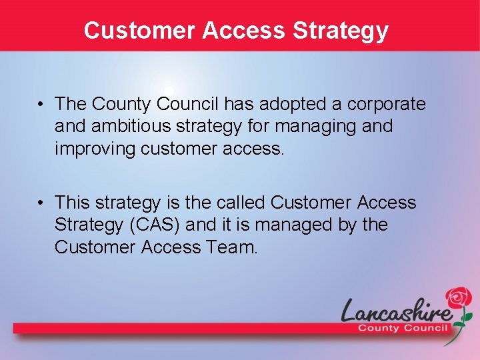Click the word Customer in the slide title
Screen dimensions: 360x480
[x=139, y=31]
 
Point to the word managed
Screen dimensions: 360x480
[x=295, y=225]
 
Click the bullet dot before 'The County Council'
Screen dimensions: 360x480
[x=41, y=105]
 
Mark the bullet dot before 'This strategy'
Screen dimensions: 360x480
[x=41, y=203]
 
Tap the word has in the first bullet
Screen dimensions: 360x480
[x=236, y=104]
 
